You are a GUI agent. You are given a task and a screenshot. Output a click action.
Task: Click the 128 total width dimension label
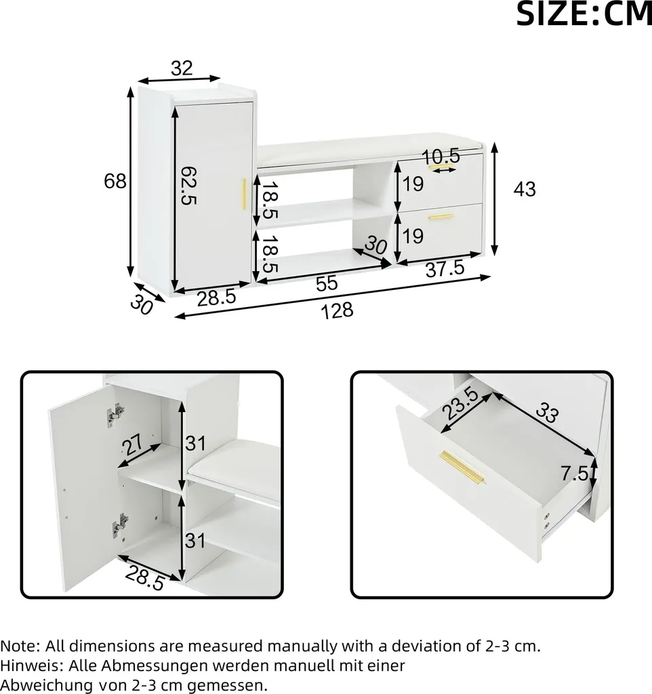pyautogui.click(x=337, y=310)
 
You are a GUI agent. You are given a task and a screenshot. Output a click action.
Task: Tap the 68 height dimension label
pyautogui.click(x=115, y=181)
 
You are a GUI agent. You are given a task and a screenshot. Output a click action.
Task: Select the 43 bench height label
pyautogui.click(x=525, y=189)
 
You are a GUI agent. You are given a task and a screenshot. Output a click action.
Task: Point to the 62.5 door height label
pyautogui.click(x=189, y=186)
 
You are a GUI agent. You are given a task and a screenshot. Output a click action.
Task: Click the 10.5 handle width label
pyautogui.click(x=441, y=157)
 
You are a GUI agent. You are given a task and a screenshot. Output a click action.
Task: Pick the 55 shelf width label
pyautogui.click(x=327, y=283)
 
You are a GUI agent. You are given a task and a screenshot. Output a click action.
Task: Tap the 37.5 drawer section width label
pyautogui.click(x=445, y=268)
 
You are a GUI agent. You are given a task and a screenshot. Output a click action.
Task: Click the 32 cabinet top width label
pyautogui.click(x=182, y=68)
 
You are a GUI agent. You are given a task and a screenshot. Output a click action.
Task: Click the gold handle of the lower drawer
pyautogui.click(x=441, y=217)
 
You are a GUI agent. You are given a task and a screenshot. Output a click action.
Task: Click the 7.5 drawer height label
pyautogui.click(x=575, y=474)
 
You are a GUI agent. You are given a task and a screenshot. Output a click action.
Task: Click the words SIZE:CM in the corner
pyautogui.click(x=584, y=14)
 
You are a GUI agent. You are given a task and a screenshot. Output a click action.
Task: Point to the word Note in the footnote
pyautogui.click(x=19, y=646)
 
